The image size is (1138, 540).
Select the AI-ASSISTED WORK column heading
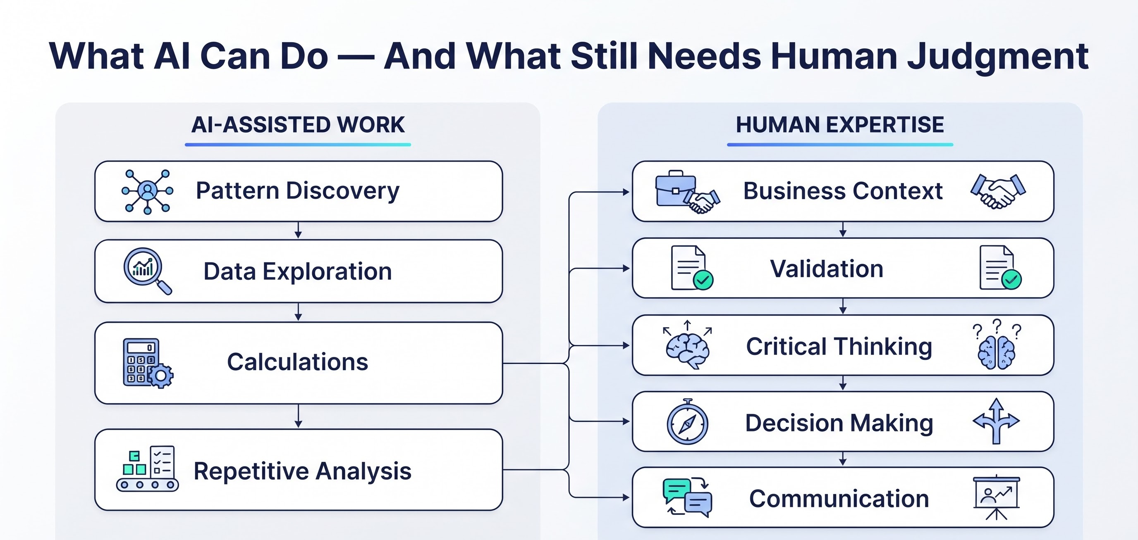pos(298,125)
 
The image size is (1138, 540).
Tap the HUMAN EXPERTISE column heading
pos(840,125)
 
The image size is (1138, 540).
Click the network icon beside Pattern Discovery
pos(148,192)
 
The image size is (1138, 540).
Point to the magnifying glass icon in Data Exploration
pos(147,271)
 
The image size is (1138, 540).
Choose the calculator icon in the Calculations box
pos(148,363)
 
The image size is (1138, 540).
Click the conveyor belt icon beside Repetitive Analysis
pos(148,469)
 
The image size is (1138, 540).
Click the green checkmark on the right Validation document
pos(1011,279)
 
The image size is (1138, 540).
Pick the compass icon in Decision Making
pos(687,422)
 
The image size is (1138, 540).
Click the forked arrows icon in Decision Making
pos(996,421)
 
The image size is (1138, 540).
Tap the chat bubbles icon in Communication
pos(687,497)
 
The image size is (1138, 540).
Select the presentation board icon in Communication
pos(997,497)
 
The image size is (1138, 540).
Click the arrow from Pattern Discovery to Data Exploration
pos(298,230)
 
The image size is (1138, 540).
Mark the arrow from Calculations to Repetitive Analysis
pos(298,416)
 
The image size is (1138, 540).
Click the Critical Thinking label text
pos(839,346)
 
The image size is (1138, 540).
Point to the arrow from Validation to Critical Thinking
pos(843,306)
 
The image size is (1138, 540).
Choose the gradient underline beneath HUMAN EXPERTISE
pos(840,144)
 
